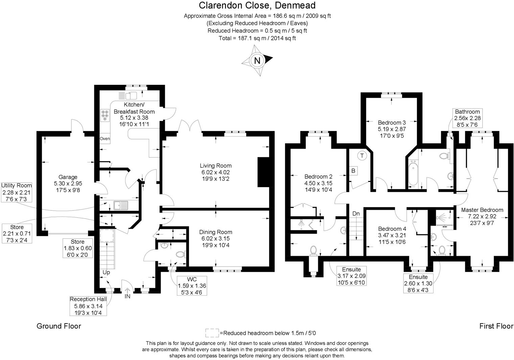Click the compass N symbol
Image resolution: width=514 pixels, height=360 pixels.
[x=257, y=61]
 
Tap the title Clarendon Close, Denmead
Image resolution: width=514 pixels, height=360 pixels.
[x=257, y=5]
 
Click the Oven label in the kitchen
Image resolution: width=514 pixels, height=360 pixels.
[x=104, y=139]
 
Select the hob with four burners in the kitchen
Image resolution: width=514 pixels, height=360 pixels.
[x=105, y=115]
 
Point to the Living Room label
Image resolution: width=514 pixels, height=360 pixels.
[x=215, y=166]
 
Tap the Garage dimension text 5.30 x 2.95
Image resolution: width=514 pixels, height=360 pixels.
[x=68, y=183]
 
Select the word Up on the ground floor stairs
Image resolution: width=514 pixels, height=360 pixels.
[x=106, y=272]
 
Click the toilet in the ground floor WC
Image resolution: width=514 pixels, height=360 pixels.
[x=181, y=254]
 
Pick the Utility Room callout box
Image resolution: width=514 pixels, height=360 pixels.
[x=17, y=192]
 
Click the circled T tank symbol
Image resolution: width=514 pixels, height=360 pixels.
[x=362, y=156]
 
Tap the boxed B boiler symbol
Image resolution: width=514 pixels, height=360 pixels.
[x=353, y=171]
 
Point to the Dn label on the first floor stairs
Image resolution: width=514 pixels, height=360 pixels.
[x=356, y=214]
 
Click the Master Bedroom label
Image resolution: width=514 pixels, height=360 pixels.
[x=482, y=210]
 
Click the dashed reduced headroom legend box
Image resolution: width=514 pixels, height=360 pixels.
[x=212, y=333]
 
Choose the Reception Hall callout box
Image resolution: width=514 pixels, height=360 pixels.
[x=88, y=306]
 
